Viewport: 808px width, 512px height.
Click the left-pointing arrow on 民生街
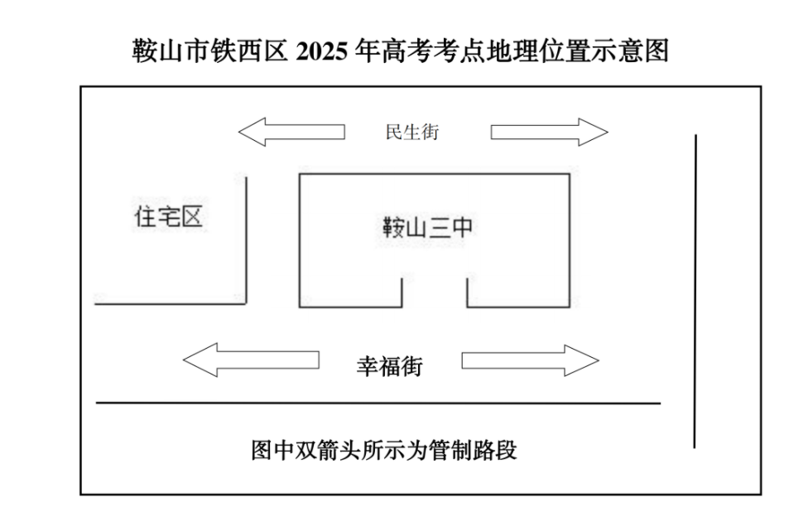(291, 132)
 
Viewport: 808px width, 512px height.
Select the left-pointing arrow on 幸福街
(250, 360)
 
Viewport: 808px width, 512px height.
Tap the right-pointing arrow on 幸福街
(530, 360)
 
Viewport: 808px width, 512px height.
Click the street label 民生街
(412, 132)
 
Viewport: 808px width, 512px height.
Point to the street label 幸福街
(389, 365)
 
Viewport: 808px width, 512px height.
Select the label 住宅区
(169, 217)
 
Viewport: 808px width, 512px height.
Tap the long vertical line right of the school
(695, 290)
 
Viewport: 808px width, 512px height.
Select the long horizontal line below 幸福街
(378, 403)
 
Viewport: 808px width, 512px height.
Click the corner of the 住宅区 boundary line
(246, 303)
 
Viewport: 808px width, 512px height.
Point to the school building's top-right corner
(569, 174)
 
